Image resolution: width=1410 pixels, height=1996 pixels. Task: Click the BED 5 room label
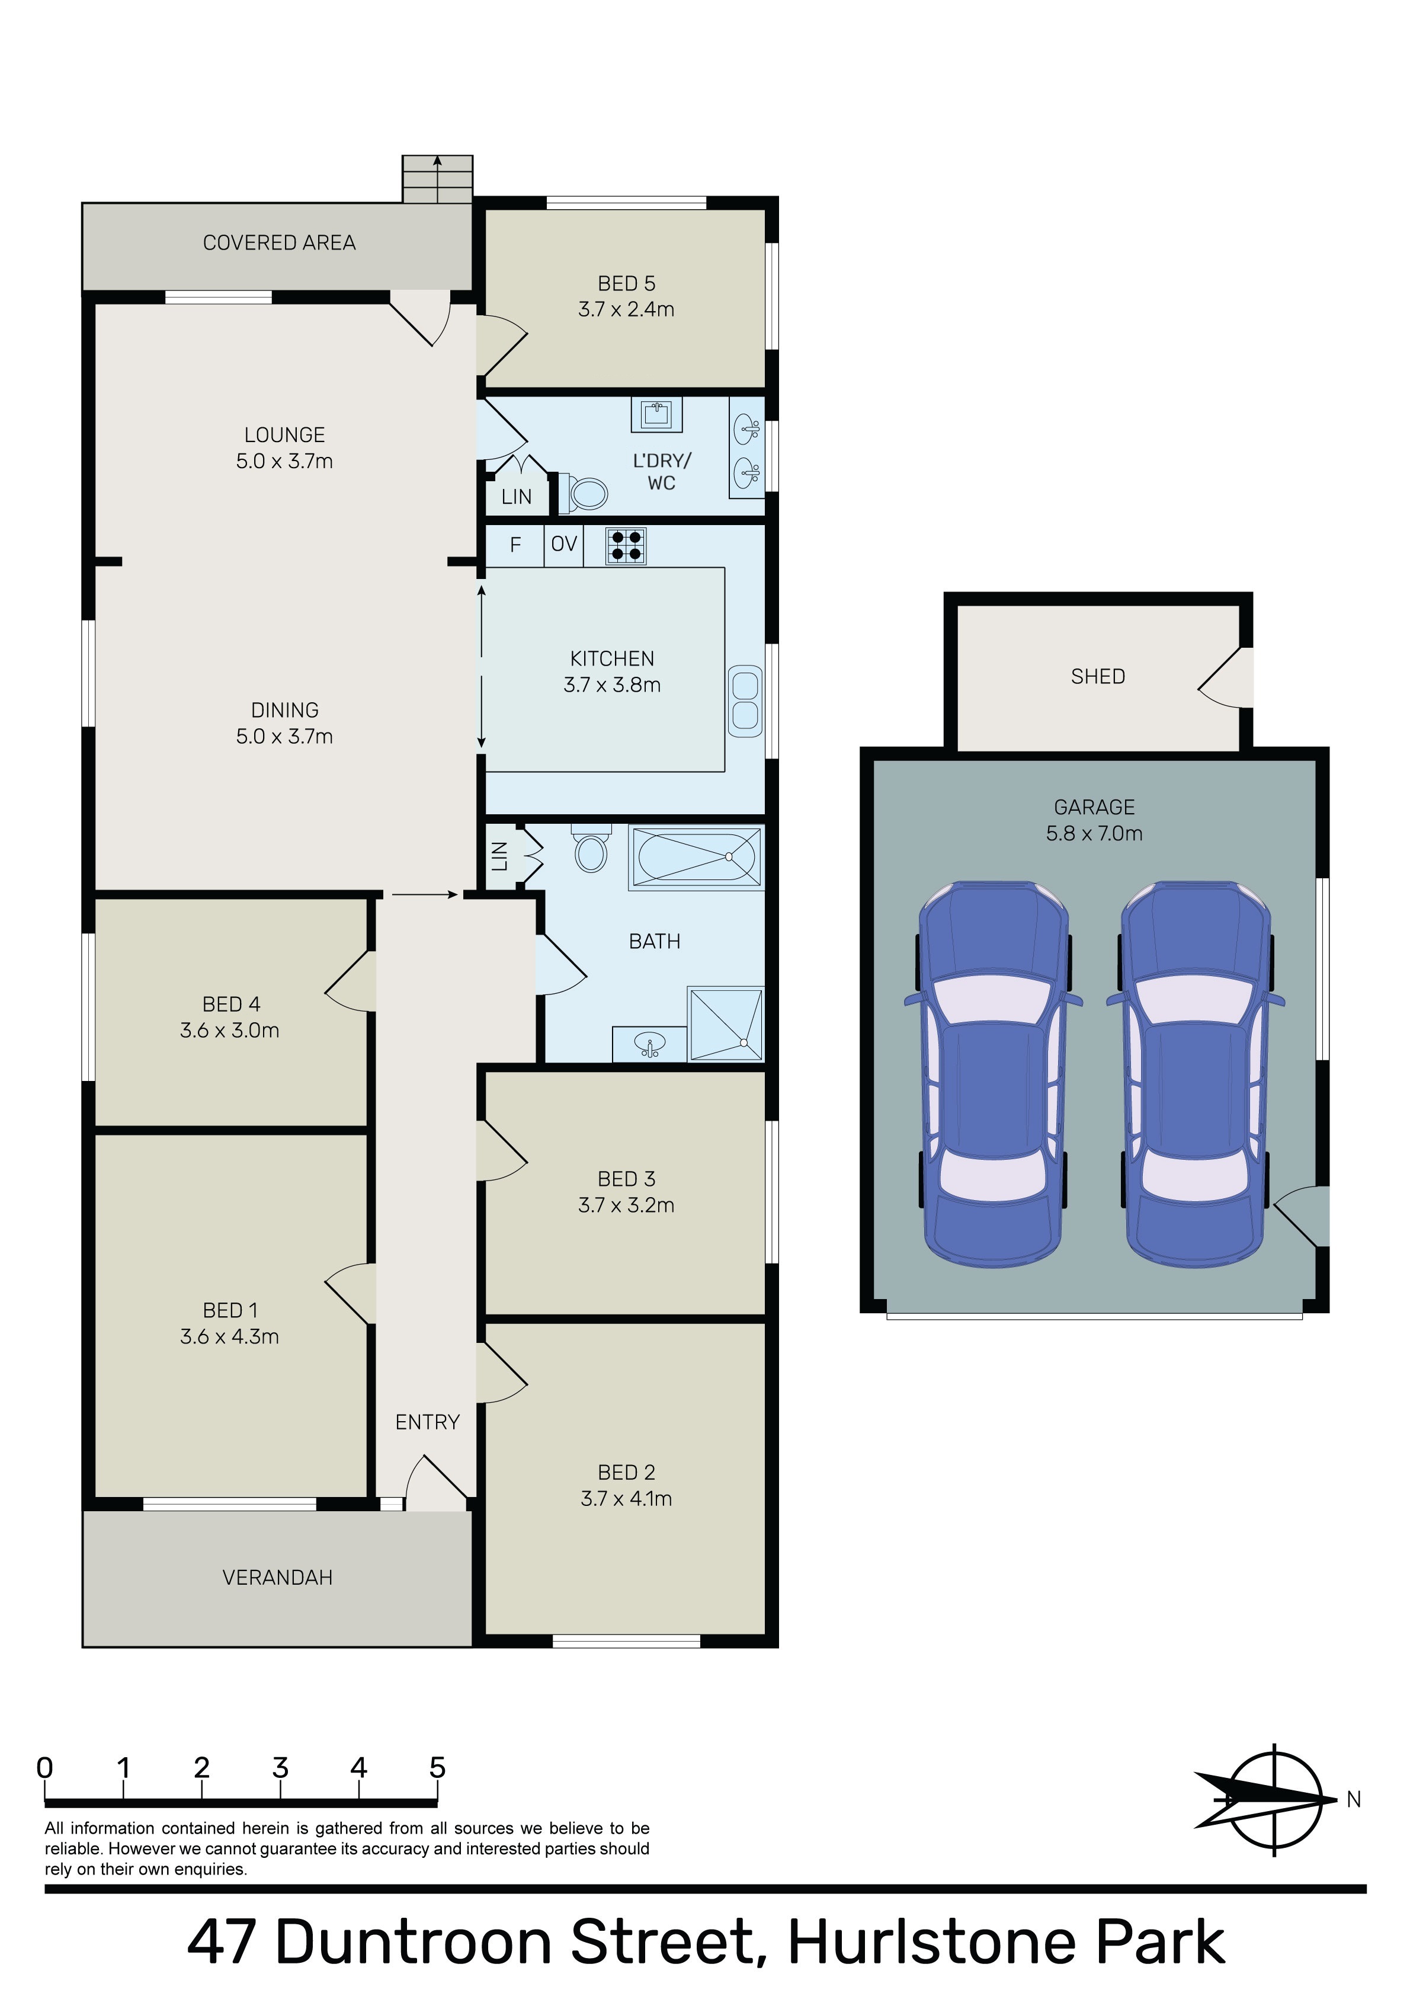click(626, 283)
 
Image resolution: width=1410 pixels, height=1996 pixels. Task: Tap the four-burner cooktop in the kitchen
click(626, 546)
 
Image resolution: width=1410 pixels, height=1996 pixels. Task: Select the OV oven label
click(563, 544)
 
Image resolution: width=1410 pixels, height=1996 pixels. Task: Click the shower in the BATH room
click(726, 1023)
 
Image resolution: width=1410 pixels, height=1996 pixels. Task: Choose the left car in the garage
click(994, 1074)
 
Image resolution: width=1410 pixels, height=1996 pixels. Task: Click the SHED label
click(1098, 676)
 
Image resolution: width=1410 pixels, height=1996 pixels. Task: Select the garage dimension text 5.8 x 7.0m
click(1094, 833)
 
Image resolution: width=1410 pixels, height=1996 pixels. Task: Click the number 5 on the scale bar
click(437, 1768)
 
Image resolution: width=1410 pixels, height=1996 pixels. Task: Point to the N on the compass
click(1354, 1799)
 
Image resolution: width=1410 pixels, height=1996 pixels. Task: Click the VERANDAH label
click(277, 1578)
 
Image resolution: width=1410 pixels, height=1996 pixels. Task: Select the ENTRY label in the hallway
click(427, 1422)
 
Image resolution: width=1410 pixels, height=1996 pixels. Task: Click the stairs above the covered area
click(437, 178)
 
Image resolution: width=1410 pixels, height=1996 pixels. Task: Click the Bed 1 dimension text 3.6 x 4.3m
click(229, 1336)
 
